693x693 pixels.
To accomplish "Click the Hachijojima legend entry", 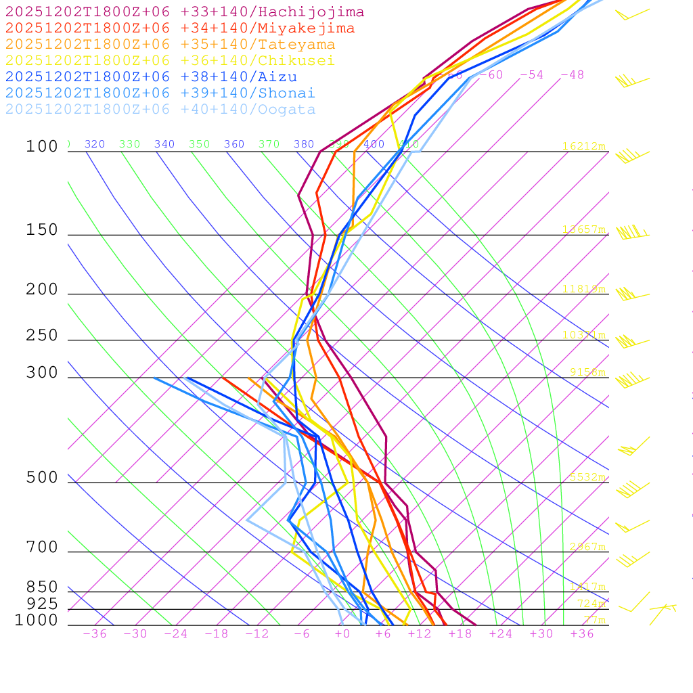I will point(185,12).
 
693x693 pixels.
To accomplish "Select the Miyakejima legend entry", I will point(180,28).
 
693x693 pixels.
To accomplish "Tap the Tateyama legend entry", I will point(170,45).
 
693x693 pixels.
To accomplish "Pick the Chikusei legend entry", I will point(170,61).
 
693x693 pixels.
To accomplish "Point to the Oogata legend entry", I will point(160,110).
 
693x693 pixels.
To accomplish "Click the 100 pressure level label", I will point(42,146).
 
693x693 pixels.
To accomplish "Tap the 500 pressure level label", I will point(42,478).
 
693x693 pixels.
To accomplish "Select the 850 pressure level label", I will point(42,587).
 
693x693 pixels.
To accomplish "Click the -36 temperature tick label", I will point(94,633).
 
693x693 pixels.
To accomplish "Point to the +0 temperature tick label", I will point(342,633).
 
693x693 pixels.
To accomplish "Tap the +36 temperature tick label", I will point(582,633).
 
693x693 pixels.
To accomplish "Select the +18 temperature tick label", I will point(460,633).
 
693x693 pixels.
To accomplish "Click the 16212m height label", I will point(584,146).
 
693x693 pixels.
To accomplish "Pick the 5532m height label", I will point(587,477).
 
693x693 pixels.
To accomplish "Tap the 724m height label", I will point(591,603).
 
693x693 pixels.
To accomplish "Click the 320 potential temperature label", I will point(95,144).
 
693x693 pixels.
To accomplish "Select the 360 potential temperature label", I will point(234,144).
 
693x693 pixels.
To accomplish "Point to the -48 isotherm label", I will point(572,74).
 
